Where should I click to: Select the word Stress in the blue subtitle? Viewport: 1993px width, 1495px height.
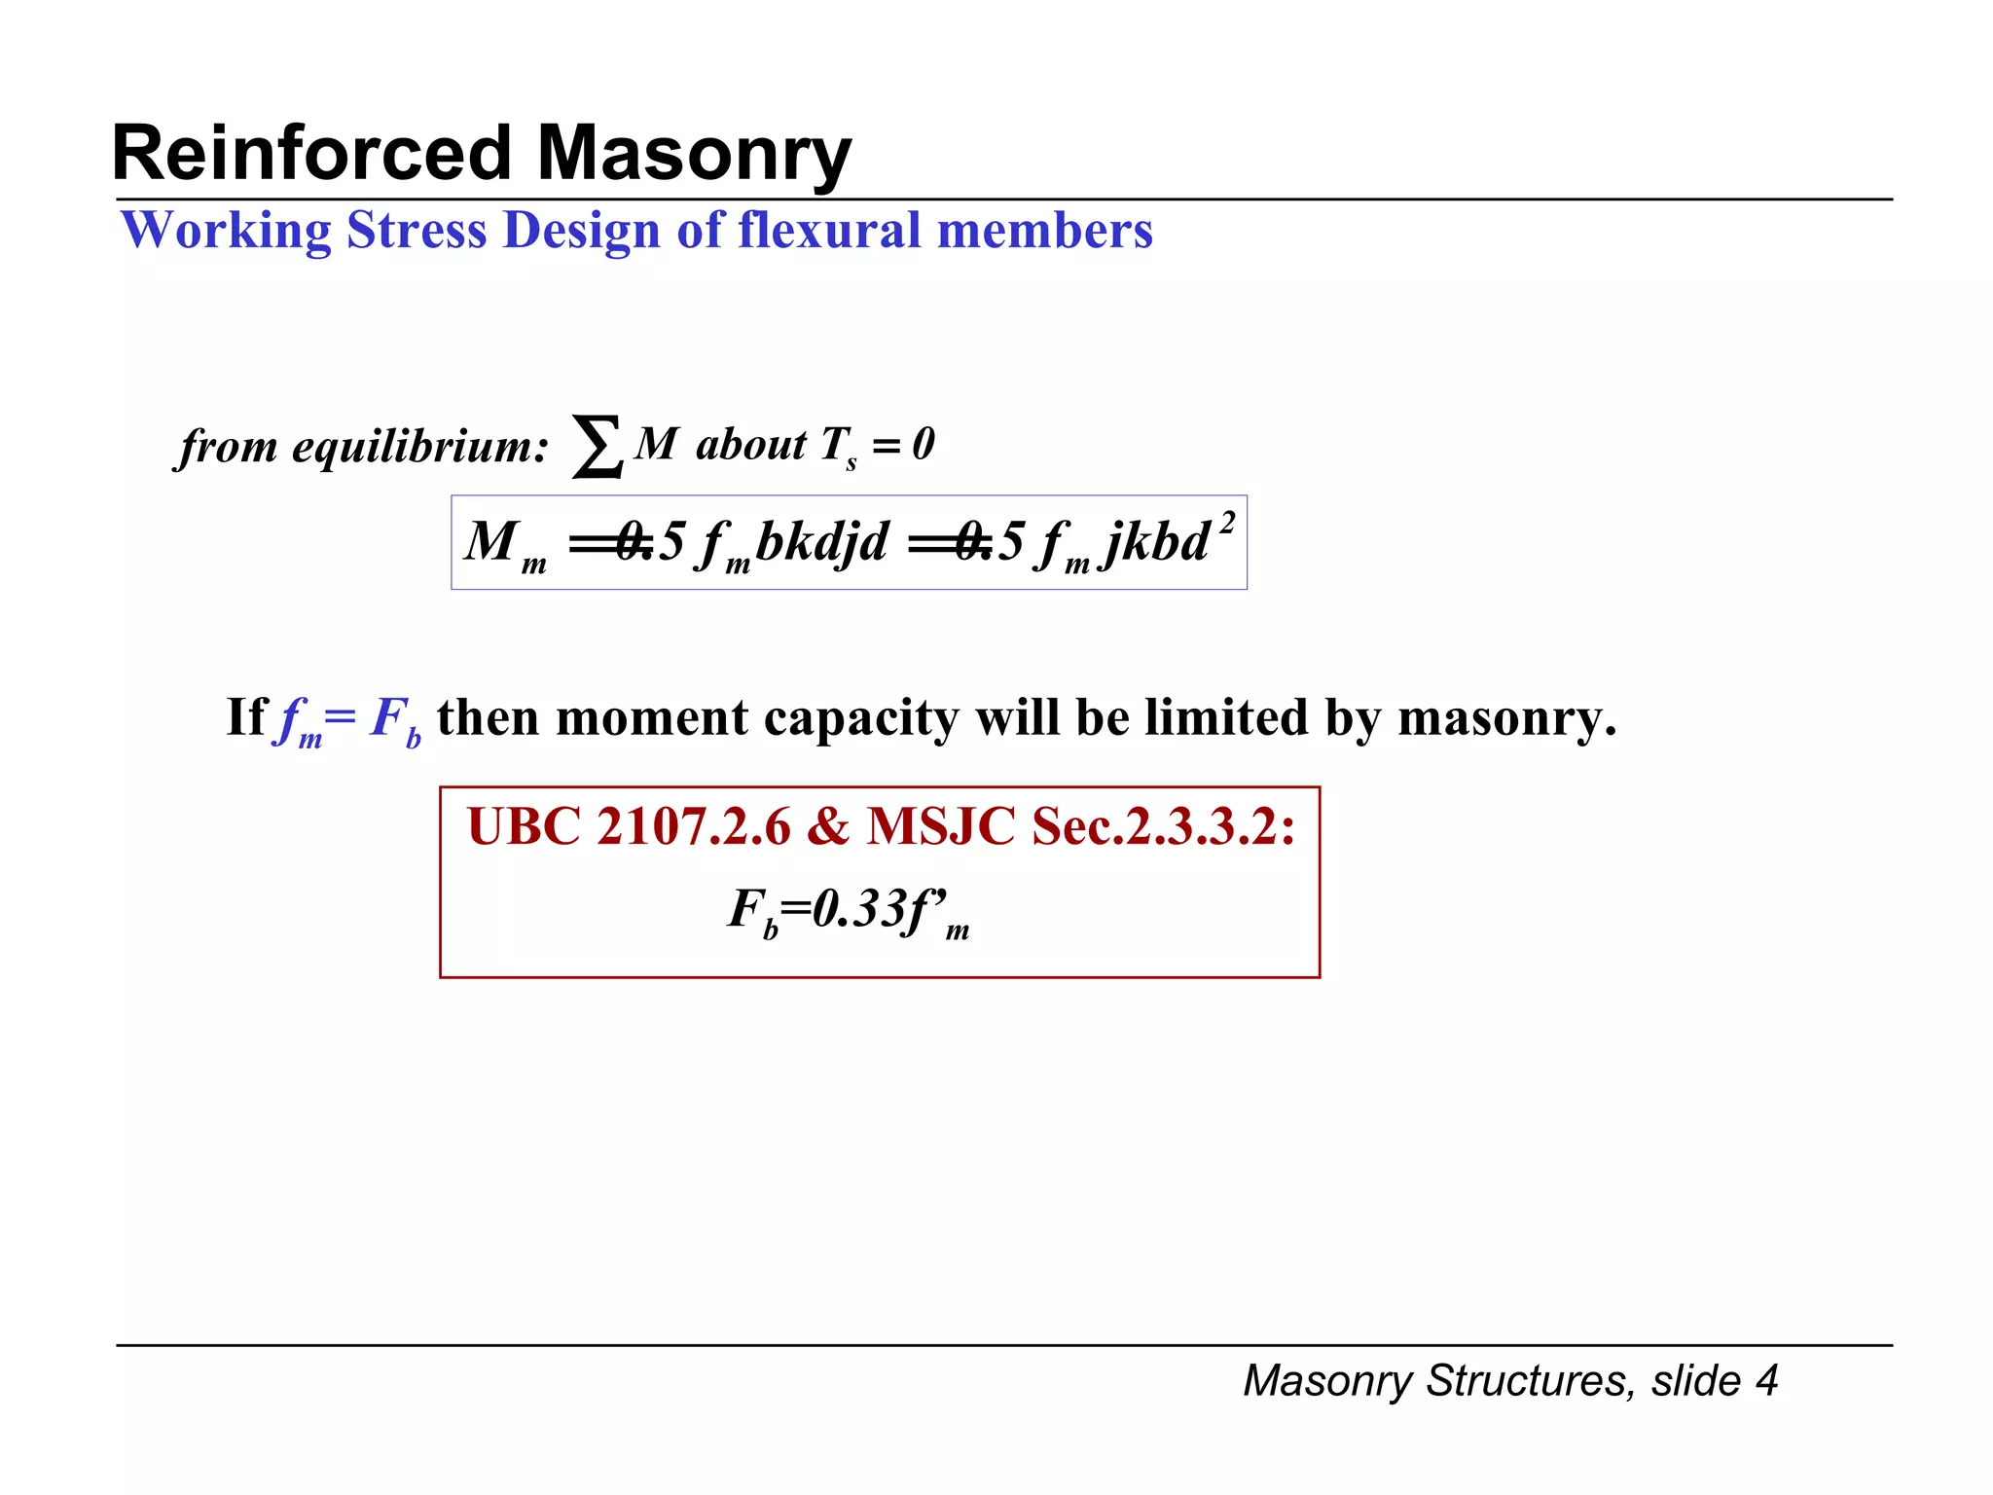coord(417,231)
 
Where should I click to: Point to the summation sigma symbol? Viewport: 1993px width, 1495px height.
coord(597,446)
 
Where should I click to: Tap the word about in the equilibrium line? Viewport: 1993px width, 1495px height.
coord(750,445)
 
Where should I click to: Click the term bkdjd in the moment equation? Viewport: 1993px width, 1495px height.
coord(821,541)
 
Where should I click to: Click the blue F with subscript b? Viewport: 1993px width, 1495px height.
coord(395,720)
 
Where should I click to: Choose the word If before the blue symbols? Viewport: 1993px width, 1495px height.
coord(245,717)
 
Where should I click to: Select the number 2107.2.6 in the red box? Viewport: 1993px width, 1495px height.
coord(694,827)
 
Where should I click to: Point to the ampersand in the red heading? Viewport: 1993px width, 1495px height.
coord(828,827)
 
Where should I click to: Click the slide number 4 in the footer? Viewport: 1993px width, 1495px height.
coord(1766,1380)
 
